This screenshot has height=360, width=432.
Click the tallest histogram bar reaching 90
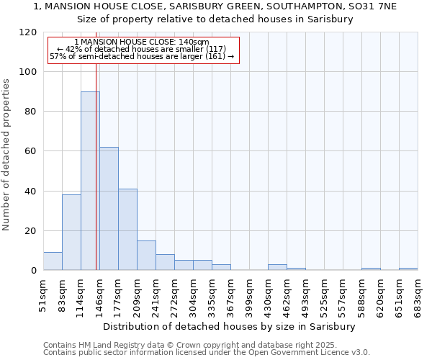tap(90, 181)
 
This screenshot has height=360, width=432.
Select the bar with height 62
tap(109, 209)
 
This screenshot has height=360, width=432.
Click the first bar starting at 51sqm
tap(53, 261)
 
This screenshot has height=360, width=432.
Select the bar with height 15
tap(146, 256)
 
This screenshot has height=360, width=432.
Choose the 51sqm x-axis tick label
tap(43, 292)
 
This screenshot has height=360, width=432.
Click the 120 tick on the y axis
tap(29, 32)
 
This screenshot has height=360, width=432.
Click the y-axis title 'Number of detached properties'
tap(7, 155)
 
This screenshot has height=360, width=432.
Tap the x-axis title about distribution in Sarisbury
tap(235, 326)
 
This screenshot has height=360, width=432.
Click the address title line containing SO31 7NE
tap(215, 6)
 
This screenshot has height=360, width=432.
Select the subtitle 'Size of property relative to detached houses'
tap(215, 19)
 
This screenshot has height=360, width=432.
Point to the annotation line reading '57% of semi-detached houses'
tap(142, 56)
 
